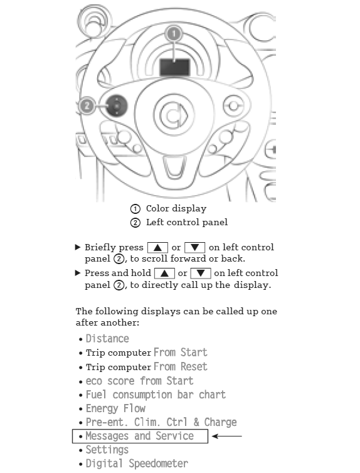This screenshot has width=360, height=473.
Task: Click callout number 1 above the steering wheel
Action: pyautogui.click(x=174, y=33)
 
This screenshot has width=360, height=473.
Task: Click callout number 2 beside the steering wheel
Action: pyautogui.click(x=87, y=106)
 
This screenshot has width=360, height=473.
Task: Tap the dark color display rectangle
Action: pyautogui.click(x=174, y=67)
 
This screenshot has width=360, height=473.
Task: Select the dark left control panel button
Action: pyautogui.click(x=117, y=105)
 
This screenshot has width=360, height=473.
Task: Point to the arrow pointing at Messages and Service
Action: pyautogui.click(x=227, y=436)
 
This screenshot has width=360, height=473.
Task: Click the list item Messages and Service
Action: pyautogui.click(x=140, y=436)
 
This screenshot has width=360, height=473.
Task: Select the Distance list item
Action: pyautogui.click(x=107, y=339)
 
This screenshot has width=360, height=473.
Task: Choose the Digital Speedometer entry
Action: pyautogui.click(x=137, y=464)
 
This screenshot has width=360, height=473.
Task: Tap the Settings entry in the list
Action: pyautogui.click(x=107, y=450)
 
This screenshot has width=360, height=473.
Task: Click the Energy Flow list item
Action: pyautogui.click(x=115, y=408)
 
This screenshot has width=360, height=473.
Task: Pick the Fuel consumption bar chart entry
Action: pyautogui.click(x=156, y=395)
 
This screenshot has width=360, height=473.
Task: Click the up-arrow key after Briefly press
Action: pyautogui.click(x=157, y=248)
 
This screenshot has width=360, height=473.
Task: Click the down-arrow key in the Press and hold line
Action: pyautogui.click(x=201, y=274)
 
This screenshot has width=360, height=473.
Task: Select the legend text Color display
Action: pyautogui.click(x=176, y=208)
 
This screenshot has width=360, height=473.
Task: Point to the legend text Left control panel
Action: pyautogui.click(x=187, y=222)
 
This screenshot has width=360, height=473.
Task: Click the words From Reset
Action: pyautogui.click(x=180, y=366)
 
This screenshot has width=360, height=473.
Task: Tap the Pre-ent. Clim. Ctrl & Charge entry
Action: pyautogui.click(x=161, y=422)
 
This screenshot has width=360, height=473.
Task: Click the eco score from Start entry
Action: pyautogui.click(x=139, y=381)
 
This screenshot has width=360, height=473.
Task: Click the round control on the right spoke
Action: pyautogui.click(x=233, y=105)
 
